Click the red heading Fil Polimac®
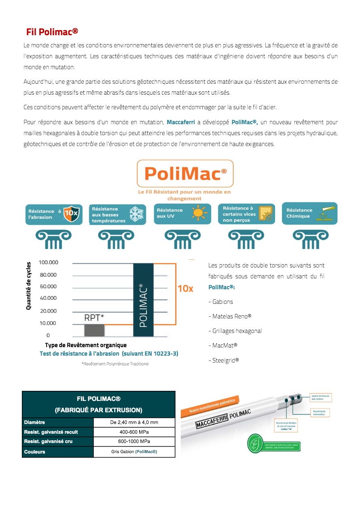pos(52,32)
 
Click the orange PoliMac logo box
pos(185,174)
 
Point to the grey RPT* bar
pos(94,330)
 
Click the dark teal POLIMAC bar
pos(143,300)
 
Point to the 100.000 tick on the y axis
pos(49,263)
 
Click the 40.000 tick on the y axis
pos(49,298)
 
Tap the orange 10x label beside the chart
pos(185,288)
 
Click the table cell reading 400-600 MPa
pos(134,432)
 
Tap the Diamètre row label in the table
pos(34,422)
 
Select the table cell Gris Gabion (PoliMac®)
pos(134,452)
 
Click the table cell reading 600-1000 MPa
pos(134,442)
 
